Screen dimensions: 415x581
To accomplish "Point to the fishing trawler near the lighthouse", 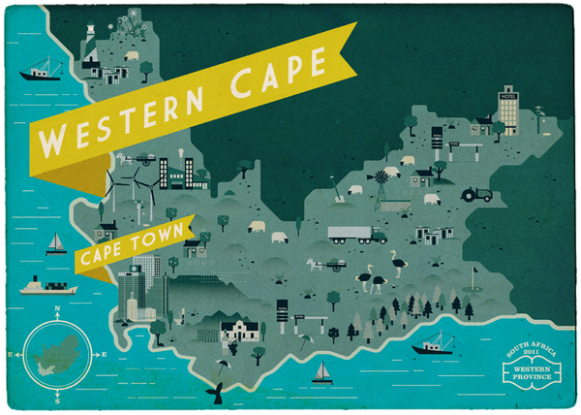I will point(40,71).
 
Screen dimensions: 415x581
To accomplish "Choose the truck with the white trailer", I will point(356,234).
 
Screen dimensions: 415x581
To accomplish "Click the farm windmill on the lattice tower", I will point(382,182).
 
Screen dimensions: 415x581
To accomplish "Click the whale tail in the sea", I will point(218,391).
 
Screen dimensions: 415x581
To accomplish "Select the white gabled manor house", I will point(236,332).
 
